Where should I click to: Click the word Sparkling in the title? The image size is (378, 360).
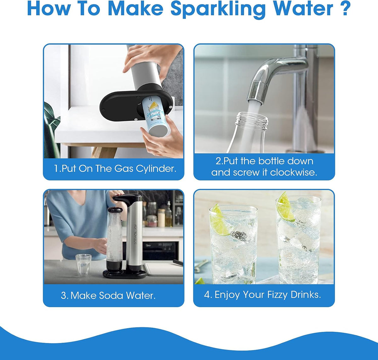pyautogui.click(x=218, y=9)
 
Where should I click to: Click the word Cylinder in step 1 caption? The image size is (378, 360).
pyautogui.click(x=156, y=169)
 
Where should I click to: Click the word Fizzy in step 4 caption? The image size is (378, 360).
pyautogui.click(x=278, y=295)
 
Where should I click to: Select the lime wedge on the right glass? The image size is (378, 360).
pyautogui.click(x=286, y=207)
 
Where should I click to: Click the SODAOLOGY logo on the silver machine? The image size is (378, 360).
pyautogui.click(x=135, y=234)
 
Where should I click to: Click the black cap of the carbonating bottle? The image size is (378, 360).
pyautogui.click(x=115, y=210)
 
